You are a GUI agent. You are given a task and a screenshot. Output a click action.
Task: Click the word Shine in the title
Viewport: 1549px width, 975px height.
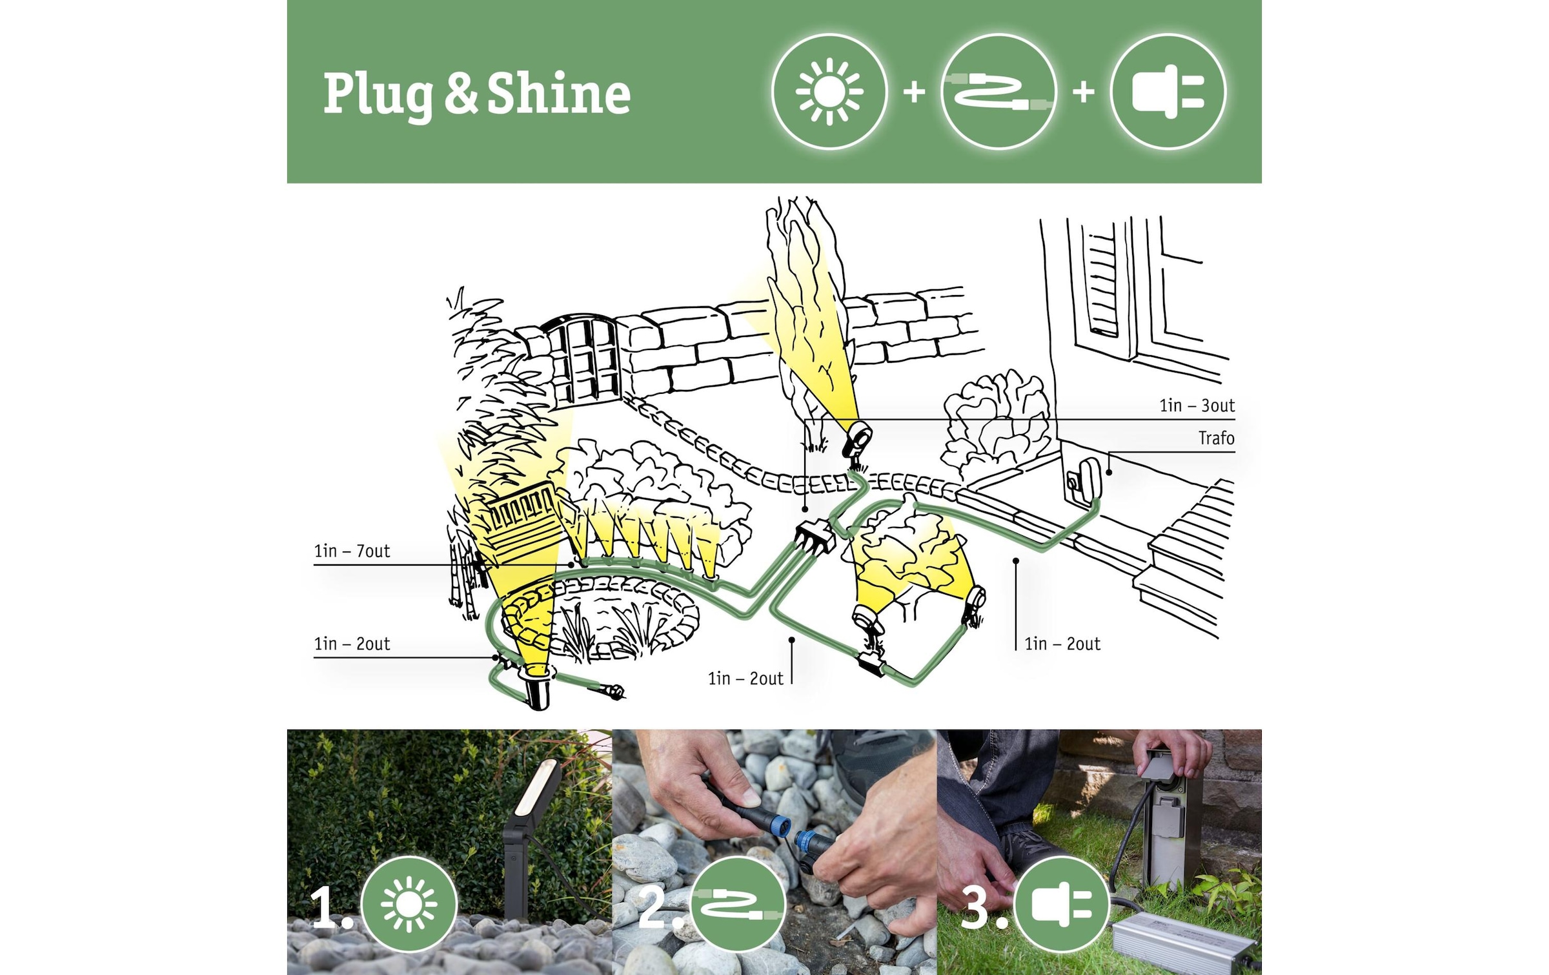(558, 94)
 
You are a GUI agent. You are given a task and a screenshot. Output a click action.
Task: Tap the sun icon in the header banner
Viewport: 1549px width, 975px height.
(829, 91)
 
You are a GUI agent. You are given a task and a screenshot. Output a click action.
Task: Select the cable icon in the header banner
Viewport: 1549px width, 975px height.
(998, 91)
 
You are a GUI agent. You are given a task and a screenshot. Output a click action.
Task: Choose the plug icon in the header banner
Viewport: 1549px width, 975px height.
(1168, 91)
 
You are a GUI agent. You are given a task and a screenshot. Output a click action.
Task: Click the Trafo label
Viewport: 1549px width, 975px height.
(1216, 438)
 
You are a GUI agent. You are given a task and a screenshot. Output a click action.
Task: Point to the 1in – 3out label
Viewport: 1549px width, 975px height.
(1197, 405)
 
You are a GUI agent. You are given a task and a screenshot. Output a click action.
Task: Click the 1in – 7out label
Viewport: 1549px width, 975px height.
(352, 551)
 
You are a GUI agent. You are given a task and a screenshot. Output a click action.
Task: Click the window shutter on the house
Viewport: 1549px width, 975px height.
(1102, 284)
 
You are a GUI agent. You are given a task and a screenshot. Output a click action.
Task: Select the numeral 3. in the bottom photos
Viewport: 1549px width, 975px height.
(983, 907)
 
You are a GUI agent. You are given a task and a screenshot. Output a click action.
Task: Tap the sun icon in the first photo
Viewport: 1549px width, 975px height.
(409, 904)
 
